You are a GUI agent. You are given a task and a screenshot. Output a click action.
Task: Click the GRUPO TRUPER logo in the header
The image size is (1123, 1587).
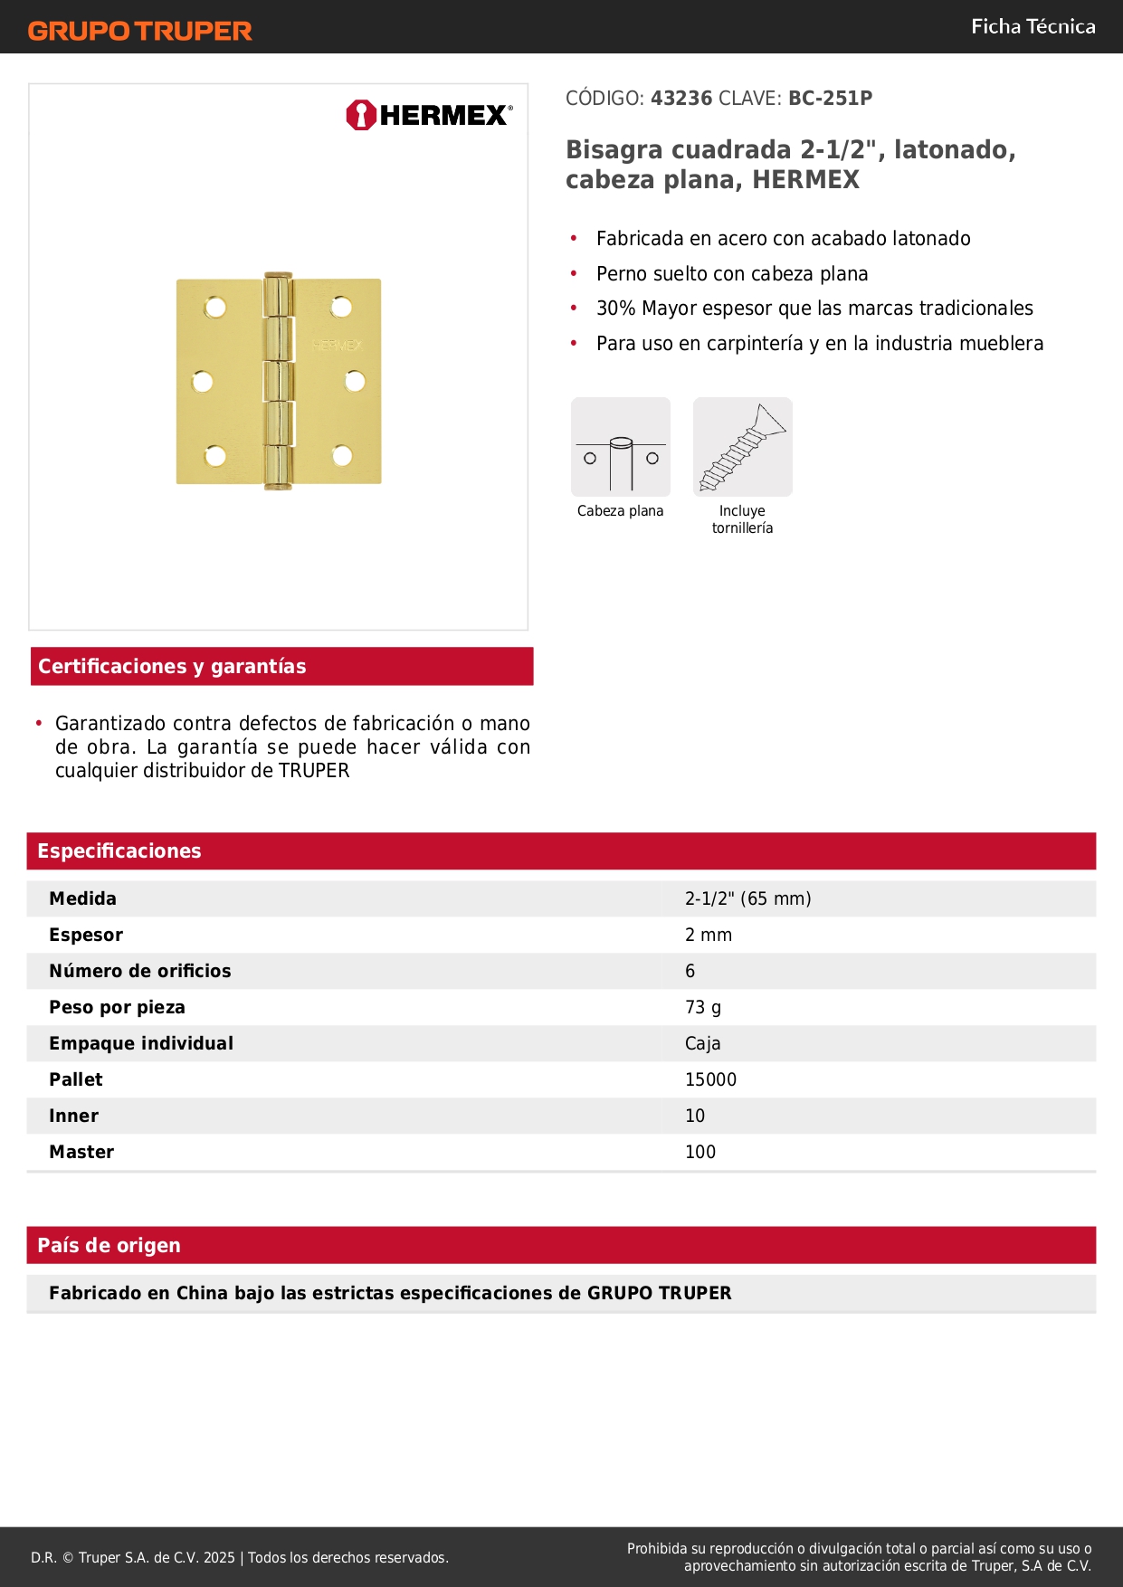[x=139, y=31]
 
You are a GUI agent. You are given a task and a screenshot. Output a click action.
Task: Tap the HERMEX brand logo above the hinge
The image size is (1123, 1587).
[x=429, y=115]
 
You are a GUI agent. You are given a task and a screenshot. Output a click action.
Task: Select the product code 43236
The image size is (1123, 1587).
[x=681, y=99]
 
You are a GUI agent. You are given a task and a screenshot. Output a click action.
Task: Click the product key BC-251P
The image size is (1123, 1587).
[x=830, y=99]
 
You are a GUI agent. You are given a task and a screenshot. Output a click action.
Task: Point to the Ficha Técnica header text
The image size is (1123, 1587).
[x=1033, y=27]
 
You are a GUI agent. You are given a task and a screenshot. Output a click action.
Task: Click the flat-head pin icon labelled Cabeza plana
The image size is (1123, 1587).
[x=621, y=447]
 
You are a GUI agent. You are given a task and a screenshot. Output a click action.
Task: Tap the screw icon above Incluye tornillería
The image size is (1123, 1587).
[x=742, y=447]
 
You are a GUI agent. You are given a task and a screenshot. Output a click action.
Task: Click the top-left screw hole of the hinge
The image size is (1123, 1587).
[x=215, y=308]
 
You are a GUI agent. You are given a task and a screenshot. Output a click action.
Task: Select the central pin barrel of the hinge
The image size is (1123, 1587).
[x=278, y=381]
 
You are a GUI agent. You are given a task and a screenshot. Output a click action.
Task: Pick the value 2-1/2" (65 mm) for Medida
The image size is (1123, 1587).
[x=747, y=898]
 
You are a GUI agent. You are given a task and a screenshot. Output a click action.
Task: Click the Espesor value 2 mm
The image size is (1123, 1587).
[x=709, y=935]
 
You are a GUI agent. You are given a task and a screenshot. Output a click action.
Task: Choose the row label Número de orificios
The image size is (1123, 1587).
[x=140, y=971]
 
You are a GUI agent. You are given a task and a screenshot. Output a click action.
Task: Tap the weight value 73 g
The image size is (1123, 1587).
[x=703, y=1007]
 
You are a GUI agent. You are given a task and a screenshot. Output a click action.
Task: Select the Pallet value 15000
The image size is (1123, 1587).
[x=710, y=1079]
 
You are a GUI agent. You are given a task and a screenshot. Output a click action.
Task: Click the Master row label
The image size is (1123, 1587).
[x=81, y=1152]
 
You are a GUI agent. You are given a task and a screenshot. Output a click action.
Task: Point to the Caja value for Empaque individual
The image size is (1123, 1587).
[x=702, y=1043]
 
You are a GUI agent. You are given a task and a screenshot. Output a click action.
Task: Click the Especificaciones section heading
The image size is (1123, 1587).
[x=119, y=851]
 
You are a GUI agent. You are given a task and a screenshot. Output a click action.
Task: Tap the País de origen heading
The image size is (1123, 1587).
[x=109, y=1245]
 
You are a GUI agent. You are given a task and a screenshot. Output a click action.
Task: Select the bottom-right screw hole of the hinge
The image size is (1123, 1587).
[x=342, y=456]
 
